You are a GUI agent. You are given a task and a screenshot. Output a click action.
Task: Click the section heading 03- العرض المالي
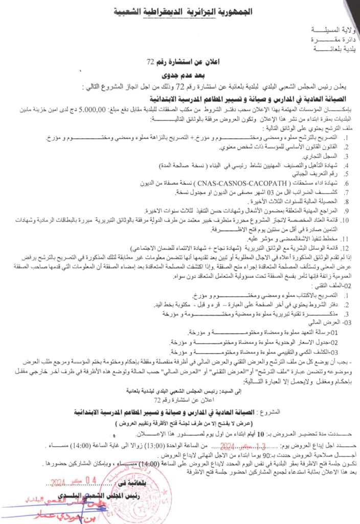pyautogui.click(x=335, y=323)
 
